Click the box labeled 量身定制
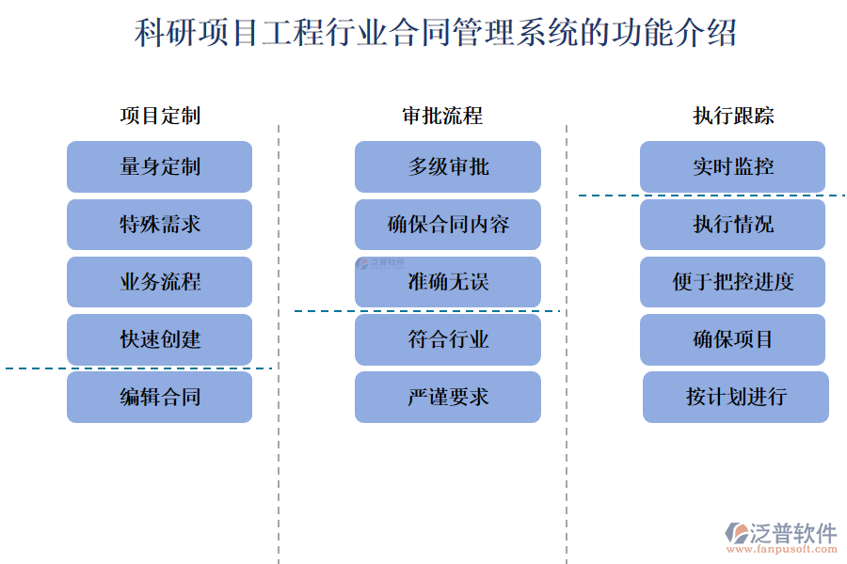[159, 166]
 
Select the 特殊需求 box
[159, 224]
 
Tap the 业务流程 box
[159, 282]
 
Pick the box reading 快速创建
[159, 339]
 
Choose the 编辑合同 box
[159, 397]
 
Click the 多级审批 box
[447, 166]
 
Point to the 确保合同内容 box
[447, 224]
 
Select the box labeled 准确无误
[447, 282]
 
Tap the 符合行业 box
[447, 339]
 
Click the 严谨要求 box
[447, 397]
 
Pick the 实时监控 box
[732, 166]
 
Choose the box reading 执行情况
[732, 224]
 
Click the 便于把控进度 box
[732, 282]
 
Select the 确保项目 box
[732, 339]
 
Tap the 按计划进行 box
[735, 397]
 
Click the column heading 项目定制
[159, 116]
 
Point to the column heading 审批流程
[441, 116]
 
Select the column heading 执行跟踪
[732, 116]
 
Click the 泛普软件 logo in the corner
[780, 537]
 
